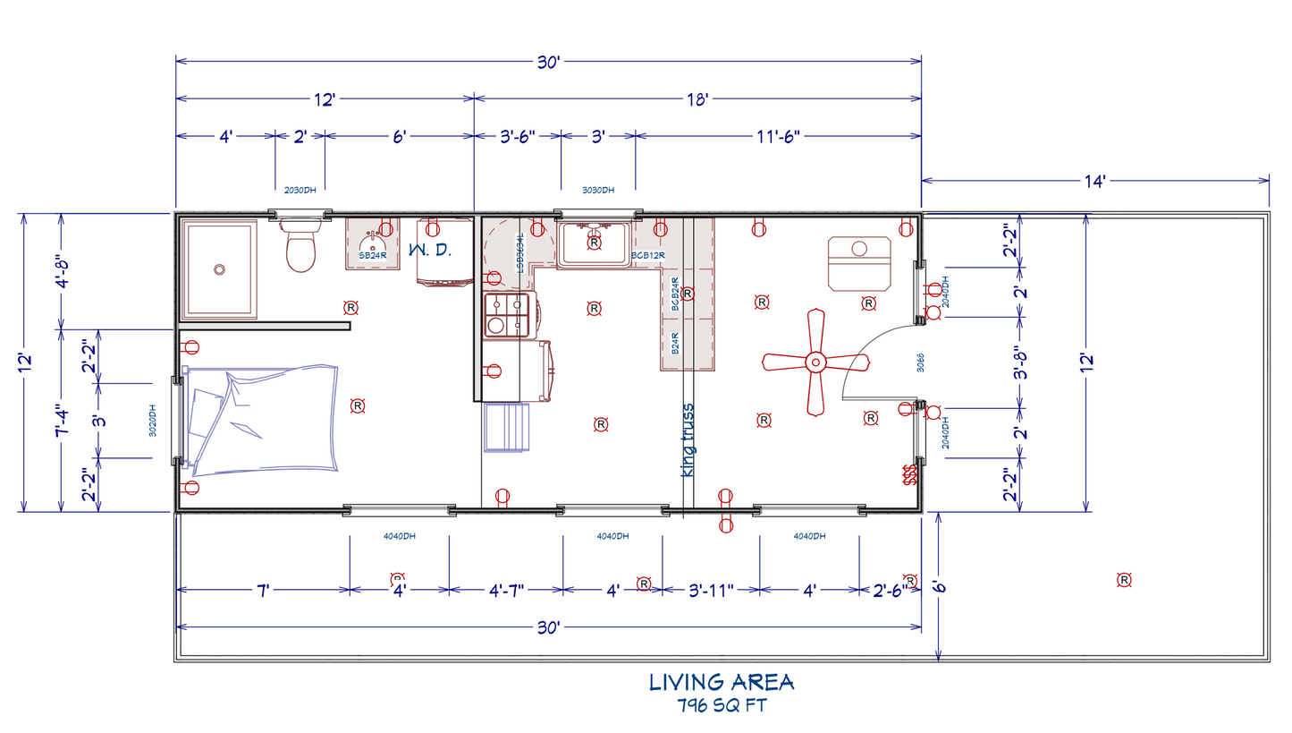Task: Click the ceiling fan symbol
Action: point(815,362)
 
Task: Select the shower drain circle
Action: point(219,268)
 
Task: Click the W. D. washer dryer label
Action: point(430,251)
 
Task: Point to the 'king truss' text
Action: point(688,439)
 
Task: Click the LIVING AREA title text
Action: point(721,682)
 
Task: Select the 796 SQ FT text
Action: point(721,704)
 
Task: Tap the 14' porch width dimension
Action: point(1094,181)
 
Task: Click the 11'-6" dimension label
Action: point(777,136)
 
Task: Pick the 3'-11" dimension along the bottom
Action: point(711,589)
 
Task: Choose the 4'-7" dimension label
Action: point(505,589)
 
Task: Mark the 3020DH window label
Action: point(153,421)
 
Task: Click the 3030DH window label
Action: point(597,190)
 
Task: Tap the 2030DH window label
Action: point(300,190)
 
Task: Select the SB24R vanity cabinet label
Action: point(372,256)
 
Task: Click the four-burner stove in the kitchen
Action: point(506,315)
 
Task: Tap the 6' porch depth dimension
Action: point(938,587)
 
